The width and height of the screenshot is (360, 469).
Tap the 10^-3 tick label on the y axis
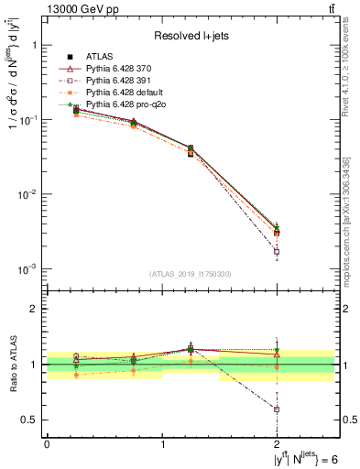[x=28, y=268]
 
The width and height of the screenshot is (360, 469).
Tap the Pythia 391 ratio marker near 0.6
[x=278, y=409]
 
